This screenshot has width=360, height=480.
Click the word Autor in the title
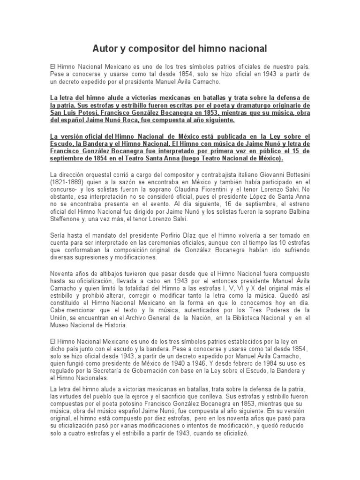point(105,48)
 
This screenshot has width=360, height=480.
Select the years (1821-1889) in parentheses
point(68,182)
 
